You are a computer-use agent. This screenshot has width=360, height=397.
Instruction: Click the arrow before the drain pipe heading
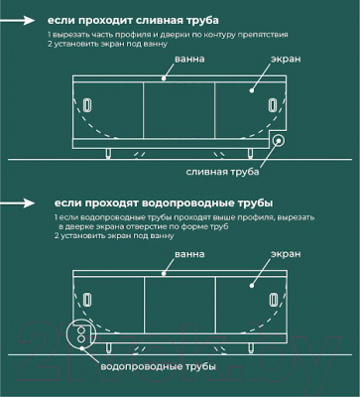27,20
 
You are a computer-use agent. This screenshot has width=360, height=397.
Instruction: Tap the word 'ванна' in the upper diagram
189,61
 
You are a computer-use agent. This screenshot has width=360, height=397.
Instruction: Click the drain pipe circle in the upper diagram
281,142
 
